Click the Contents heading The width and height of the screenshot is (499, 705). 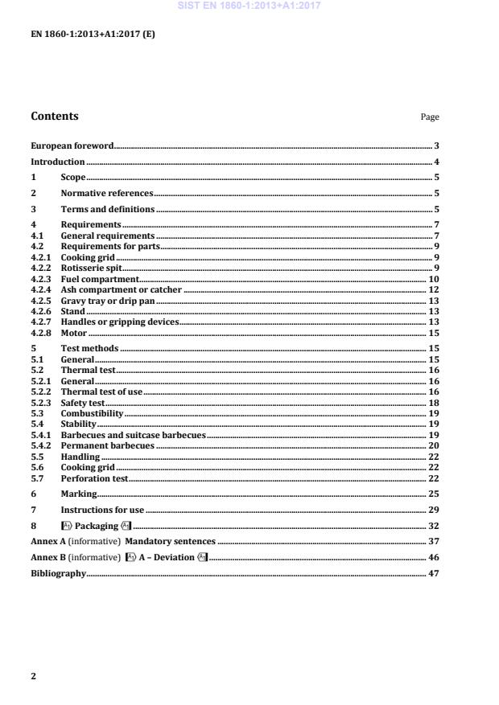click(55, 116)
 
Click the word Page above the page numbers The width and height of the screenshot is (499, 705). click(430, 117)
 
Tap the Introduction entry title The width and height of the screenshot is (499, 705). click(58, 162)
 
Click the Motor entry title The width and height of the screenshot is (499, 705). click(74, 332)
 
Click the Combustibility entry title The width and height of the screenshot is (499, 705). click(93, 413)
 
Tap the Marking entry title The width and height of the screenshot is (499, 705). click(79, 494)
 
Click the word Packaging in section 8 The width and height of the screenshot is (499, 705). click(96, 526)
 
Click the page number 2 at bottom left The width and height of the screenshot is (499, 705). click(33, 676)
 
